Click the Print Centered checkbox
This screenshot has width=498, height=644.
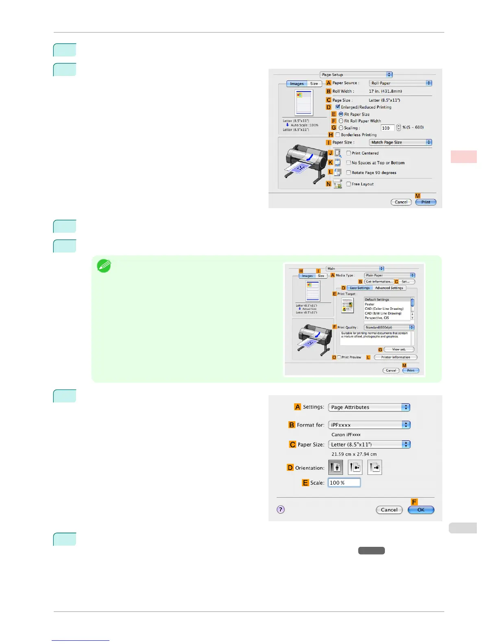coord(349,153)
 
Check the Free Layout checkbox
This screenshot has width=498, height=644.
coord(349,184)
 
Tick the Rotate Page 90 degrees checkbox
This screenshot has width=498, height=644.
coord(349,173)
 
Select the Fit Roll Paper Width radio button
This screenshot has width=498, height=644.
coord(341,121)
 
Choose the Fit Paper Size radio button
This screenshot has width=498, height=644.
coord(341,114)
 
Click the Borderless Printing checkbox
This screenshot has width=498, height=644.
coord(338,135)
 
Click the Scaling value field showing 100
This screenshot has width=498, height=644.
coord(387,128)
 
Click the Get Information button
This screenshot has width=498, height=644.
coord(379,282)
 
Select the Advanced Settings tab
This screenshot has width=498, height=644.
coord(389,288)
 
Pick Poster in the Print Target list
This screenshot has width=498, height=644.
coord(370,304)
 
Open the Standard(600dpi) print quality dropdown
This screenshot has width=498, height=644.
coord(389,327)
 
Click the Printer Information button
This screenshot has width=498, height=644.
coord(395,357)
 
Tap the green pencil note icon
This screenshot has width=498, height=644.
coord(104,266)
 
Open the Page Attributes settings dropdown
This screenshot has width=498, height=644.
coord(369,407)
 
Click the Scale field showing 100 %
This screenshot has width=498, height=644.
coord(344,483)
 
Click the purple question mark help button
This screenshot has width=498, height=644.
coord(281,509)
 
